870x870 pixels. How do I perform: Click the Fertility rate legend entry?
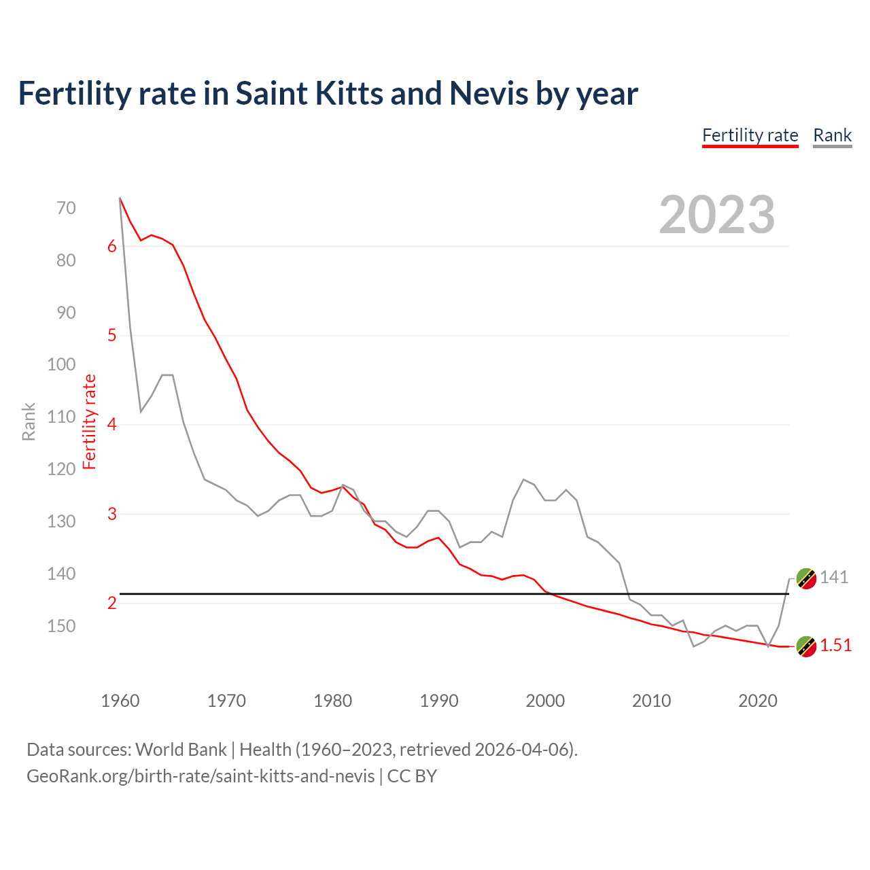(x=750, y=135)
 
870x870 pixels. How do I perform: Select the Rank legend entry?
(x=832, y=135)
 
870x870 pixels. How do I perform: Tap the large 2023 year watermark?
(x=717, y=215)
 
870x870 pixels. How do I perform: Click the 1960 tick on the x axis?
(x=120, y=701)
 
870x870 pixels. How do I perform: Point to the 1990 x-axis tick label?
(x=439, y=701)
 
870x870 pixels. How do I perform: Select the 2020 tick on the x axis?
(x=758, y=701)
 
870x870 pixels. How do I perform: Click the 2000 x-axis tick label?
(x=545, y=701)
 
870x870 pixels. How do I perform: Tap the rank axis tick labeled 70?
(x=66, y=208)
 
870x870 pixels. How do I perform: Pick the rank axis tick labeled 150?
(x=62, y=626)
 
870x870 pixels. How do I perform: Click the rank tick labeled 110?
(x=62, y=417)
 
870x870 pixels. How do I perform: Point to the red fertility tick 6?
(x=112, y=247)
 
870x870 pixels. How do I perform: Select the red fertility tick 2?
(x=112, y=603)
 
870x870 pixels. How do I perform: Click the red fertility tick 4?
(x=112, y=425)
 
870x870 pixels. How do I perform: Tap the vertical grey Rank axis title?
(x=29, y=421)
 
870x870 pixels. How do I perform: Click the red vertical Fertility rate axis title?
(x=90, y=421)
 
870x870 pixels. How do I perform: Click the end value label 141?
(x=834, y=578)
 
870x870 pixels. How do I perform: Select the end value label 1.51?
(x=835, y=646)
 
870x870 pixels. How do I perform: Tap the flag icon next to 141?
(x=806, y=578)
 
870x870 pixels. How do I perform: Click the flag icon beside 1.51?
(x=806, y=646)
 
